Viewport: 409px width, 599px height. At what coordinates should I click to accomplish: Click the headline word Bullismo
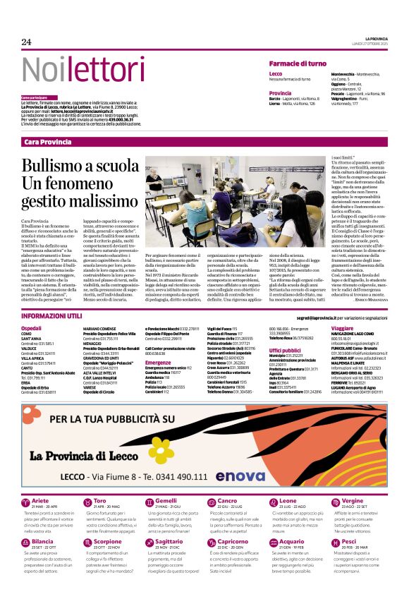(x=51, y=167)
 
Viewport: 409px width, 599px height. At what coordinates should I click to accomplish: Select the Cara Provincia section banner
(x=48, y=142)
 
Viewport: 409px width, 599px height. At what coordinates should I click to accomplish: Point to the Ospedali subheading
(x=31, y=329)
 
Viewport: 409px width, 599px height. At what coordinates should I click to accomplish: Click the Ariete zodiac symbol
(x=26, y=502)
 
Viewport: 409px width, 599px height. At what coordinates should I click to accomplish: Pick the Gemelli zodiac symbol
(x=149, y=502)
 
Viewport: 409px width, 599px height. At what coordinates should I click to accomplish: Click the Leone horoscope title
(x=278, y=500)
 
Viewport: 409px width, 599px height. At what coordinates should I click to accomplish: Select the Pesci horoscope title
(x=348, y=542)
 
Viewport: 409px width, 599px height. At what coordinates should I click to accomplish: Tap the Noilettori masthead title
(x=73, y=69)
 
